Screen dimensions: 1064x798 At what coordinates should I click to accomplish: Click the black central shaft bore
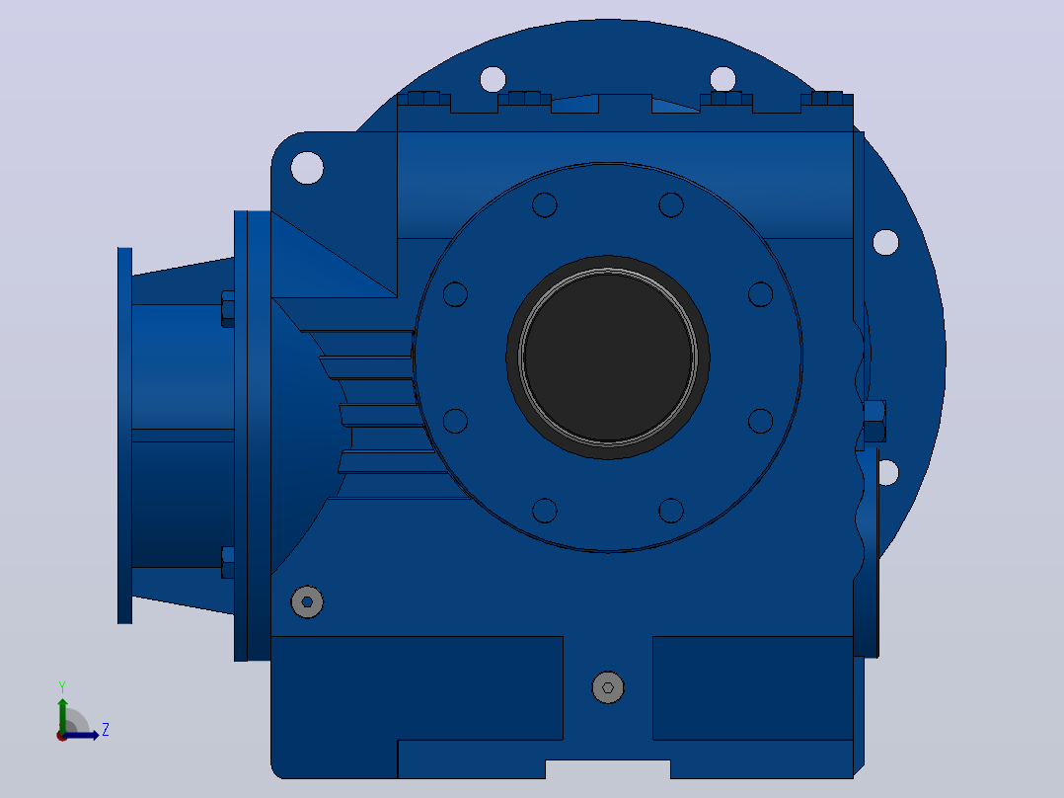click(x=608, y=358)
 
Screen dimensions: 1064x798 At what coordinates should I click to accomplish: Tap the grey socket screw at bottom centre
click(x=608, y=687)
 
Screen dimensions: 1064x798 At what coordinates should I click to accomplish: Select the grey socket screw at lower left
click(x=307, y=601)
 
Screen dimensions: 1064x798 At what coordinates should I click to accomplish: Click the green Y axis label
click(x=62, y=686)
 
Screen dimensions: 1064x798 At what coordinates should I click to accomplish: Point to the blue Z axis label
click(x=106, y=730)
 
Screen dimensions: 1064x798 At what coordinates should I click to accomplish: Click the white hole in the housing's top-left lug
click(x=307, y=168)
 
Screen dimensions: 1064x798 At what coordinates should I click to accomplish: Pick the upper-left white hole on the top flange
click(x=493, y=79)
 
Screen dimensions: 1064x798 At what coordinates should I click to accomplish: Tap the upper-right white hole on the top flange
click(x=722, y=79)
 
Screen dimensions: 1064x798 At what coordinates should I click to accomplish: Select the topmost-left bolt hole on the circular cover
click(x=544, y=204)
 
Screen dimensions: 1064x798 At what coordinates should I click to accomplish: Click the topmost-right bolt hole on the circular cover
click(x=671, y=204)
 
